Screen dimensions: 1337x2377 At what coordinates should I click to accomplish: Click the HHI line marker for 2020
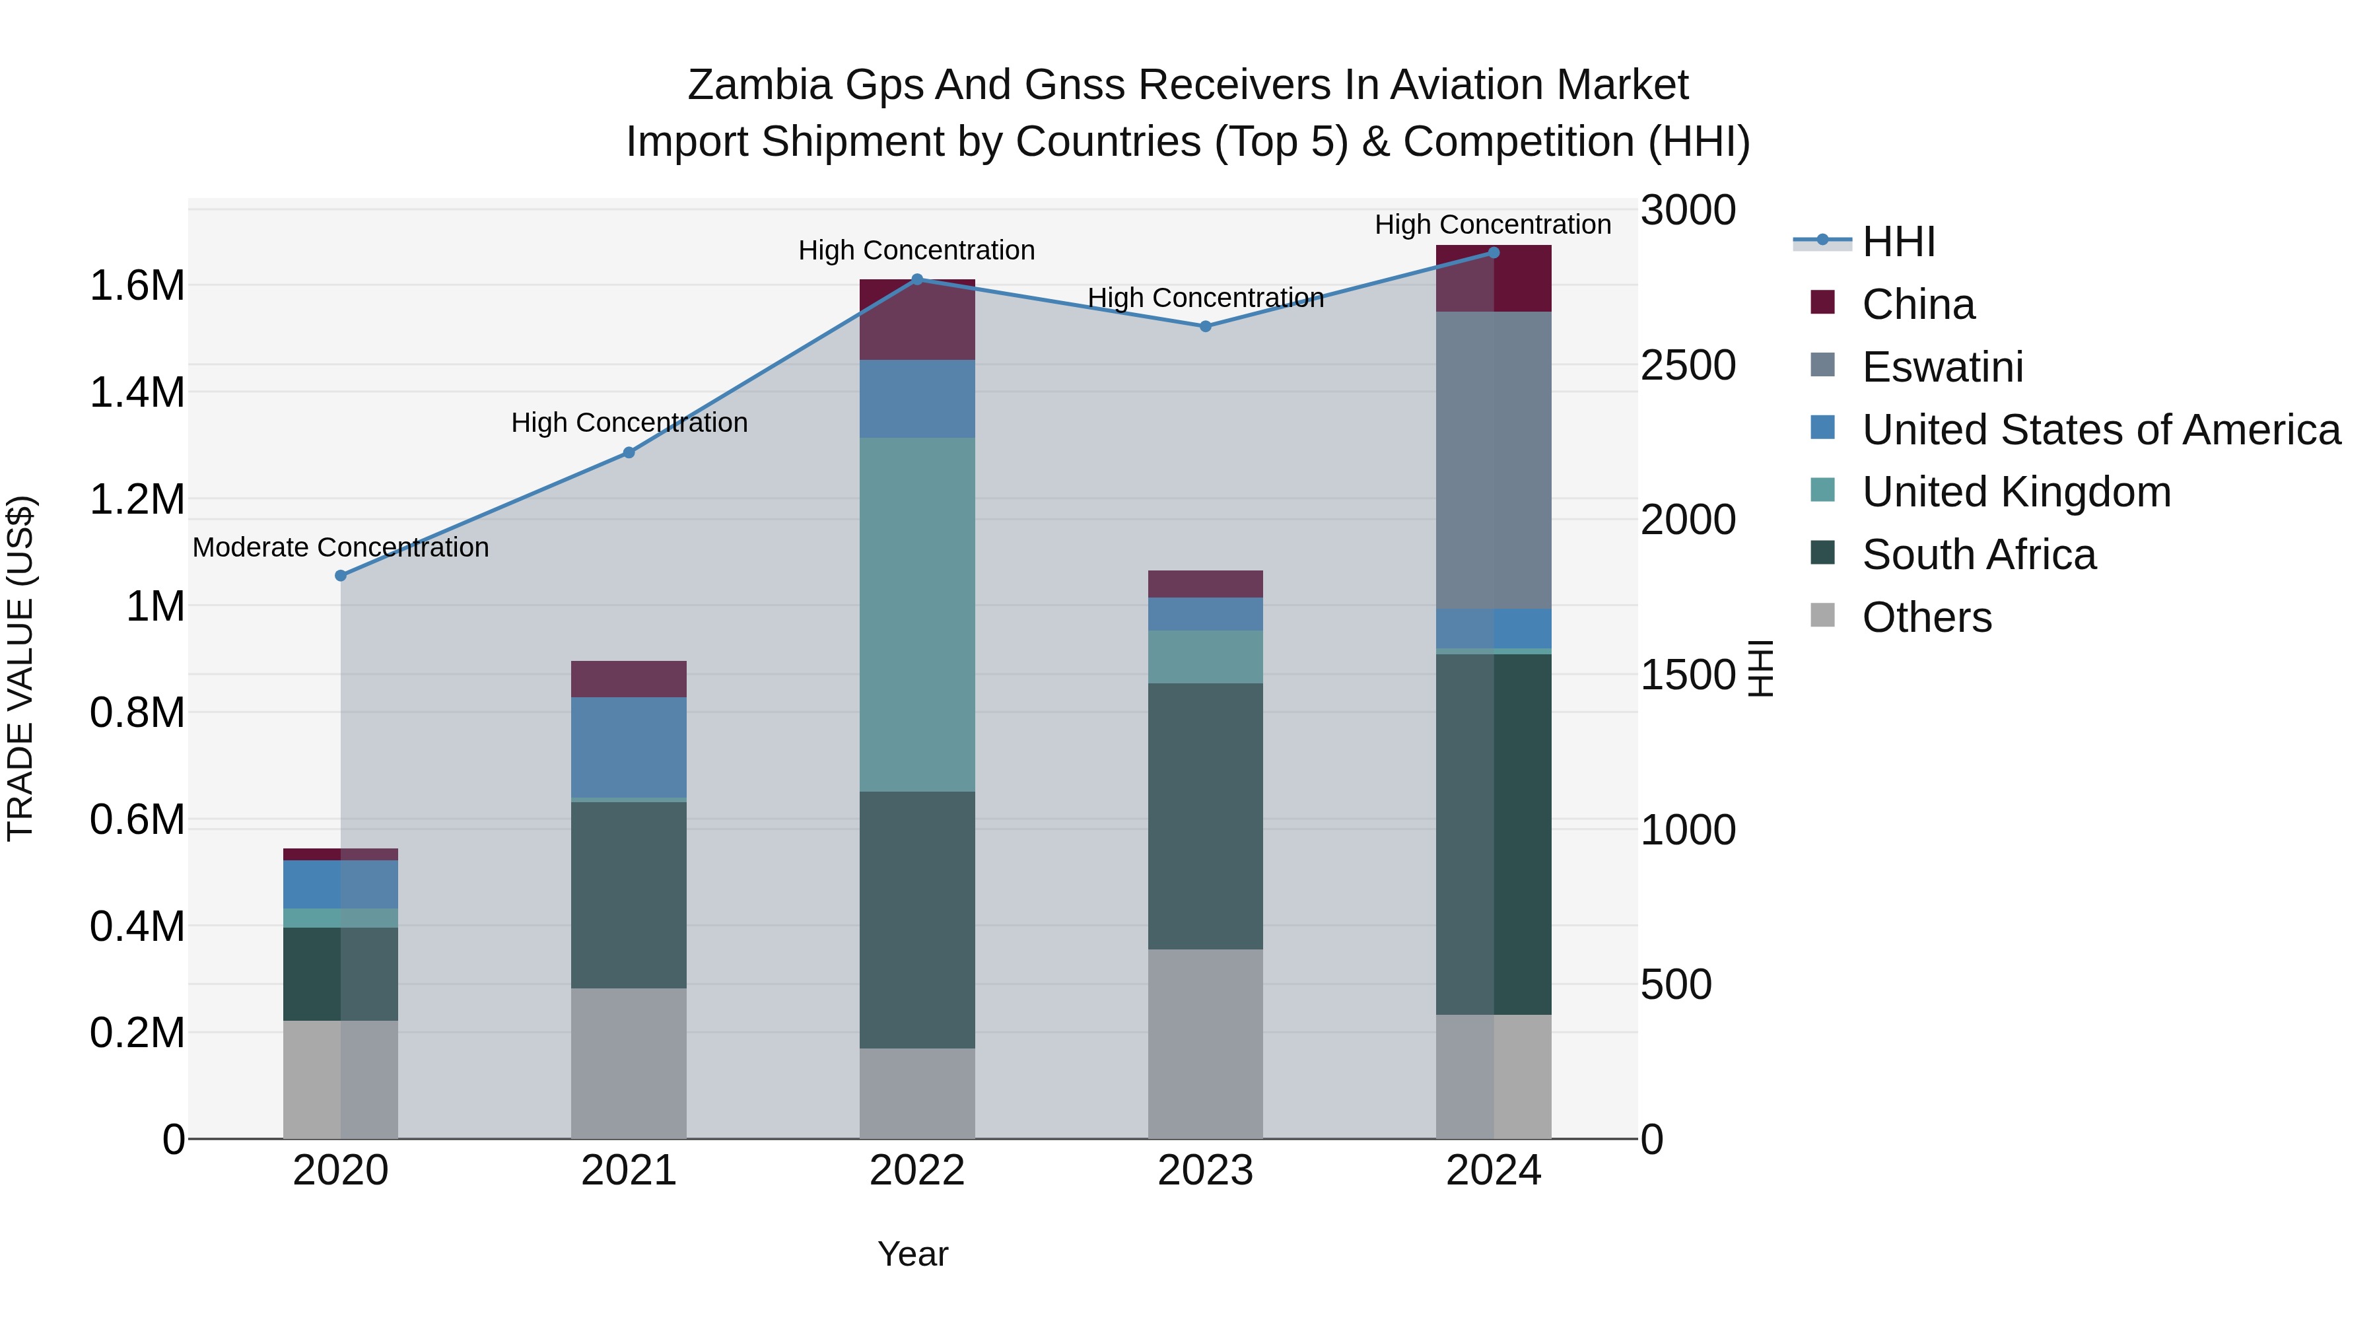341,576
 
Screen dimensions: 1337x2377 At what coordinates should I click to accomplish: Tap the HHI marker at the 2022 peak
917,279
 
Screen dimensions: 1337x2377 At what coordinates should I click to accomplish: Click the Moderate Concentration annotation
341,548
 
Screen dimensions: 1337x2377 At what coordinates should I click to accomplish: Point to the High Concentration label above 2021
629,423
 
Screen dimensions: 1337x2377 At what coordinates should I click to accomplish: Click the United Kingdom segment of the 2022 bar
917,615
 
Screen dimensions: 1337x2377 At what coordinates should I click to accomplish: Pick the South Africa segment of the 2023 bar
1205,817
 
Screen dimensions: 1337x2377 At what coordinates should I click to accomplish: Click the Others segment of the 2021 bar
629,1063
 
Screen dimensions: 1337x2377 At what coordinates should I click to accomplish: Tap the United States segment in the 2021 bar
629,747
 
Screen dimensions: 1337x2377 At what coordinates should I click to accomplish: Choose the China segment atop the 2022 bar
917,320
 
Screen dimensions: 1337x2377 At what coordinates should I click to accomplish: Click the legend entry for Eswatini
1943,367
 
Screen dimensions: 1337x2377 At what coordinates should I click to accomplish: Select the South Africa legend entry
1978,555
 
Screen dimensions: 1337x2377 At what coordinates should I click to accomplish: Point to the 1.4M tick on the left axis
137,393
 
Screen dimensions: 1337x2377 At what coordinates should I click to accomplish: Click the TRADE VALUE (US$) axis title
20,668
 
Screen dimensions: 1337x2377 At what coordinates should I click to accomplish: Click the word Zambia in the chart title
759,86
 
